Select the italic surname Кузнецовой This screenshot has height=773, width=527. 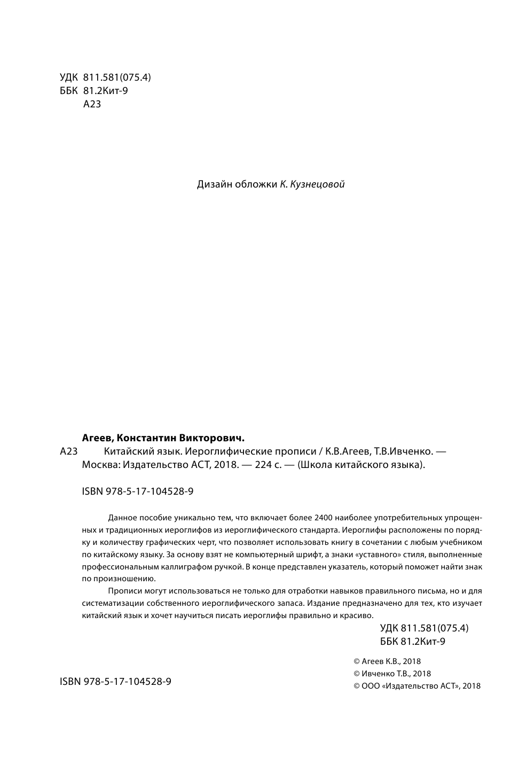[317, 185]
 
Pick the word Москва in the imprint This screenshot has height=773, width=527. [100, 465]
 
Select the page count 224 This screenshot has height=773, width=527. [263, 465]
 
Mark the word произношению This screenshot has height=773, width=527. [125, 579]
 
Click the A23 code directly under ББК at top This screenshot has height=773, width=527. [92, 104]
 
